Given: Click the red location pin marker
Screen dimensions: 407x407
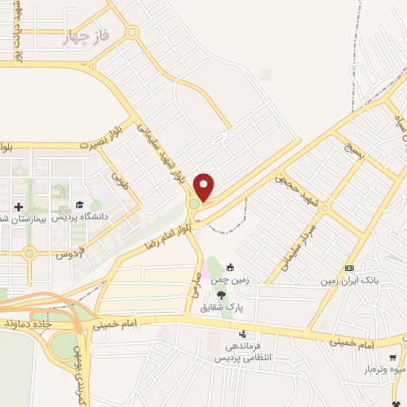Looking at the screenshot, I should [x=204, y=187].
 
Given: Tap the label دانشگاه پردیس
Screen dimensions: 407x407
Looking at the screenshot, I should [x=79, y=216].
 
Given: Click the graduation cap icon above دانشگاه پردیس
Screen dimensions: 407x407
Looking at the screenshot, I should [x=80, y=206].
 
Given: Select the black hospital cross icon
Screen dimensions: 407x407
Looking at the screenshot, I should [x=19, y=206].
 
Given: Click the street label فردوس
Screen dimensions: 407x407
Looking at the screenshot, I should [x=70, y=254].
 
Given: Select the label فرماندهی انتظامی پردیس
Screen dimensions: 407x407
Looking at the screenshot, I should [x=242, y=353].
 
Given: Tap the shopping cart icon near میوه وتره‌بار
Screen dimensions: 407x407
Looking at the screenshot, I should [x=393, y=359].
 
